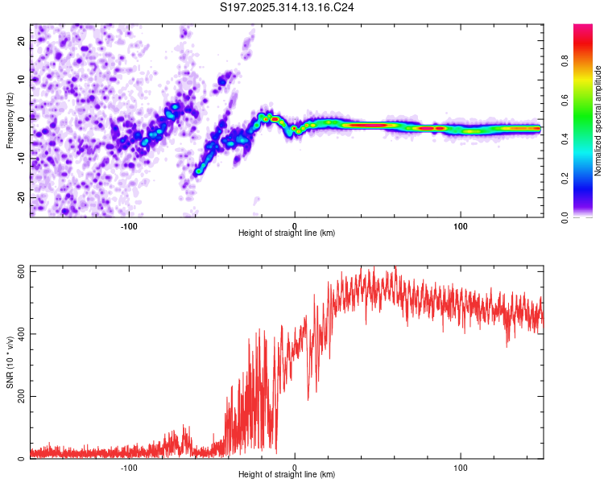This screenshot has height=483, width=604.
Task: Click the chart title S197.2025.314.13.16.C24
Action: [288, 8]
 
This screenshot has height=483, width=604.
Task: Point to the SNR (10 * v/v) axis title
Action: [10, 362]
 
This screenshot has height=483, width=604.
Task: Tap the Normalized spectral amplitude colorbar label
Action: [598, 121]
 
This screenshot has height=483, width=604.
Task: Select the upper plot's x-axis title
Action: [287, 233]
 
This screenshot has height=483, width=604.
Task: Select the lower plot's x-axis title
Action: [287, 475]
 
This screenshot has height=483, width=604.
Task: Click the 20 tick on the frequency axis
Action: [23, 39]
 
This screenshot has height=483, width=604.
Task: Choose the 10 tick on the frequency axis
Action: [23, 79]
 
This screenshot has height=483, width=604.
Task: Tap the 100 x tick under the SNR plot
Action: [461, 467]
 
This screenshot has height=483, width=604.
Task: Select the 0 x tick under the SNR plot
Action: [295, 467]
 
